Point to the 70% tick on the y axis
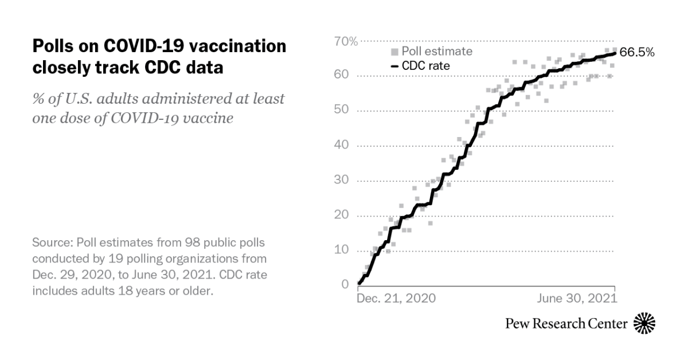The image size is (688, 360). pyautogui.click(x=346, y=41)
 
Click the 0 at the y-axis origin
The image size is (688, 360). pyautogui.click(x=345, y=285)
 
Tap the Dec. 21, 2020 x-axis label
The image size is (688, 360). pyautogui.click(x=396, y=299)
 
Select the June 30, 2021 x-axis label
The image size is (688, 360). pyautogui.click(x=577, y=299)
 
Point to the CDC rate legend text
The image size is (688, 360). pyautogui.click(x=425, y=66)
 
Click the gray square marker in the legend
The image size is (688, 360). pyautogui.click(x=394, y=52)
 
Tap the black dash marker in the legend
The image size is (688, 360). pyautogui.click(x=394, y=66)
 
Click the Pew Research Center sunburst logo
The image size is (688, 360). pyautogui.click(x=644, y=323)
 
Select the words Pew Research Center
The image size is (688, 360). pyautogui.click(x=566, y=324)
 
